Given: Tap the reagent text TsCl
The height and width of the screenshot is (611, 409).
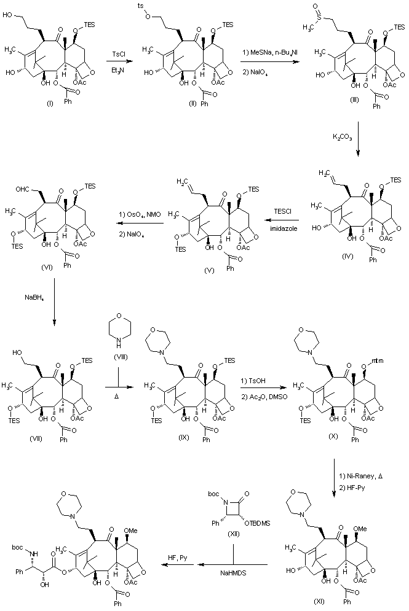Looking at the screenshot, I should point(121,55).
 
